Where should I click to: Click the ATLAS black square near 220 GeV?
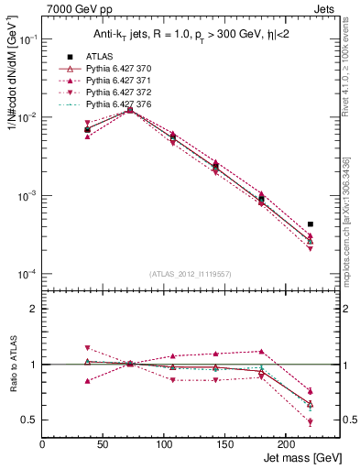click(311, 224)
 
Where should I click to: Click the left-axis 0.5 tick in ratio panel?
click(29, 420)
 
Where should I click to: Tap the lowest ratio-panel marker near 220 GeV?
click(311, 422)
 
